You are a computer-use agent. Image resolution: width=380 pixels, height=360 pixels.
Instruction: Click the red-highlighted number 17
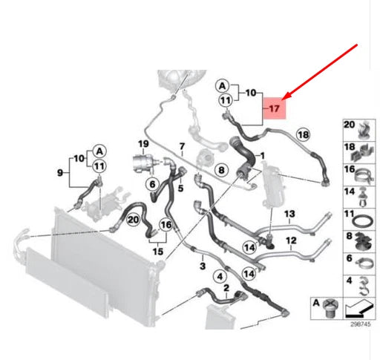tap(274, 108)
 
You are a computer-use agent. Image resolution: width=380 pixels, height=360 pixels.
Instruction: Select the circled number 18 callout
tap(304, 134)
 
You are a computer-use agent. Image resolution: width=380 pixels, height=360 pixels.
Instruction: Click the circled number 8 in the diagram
tap(221, 170)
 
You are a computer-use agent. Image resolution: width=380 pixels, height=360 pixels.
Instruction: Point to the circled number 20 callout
tap(133, 220)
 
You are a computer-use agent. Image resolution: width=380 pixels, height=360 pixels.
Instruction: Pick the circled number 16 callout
tap(166, 225)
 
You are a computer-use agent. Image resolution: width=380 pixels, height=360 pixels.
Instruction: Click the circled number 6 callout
tap(152, 184)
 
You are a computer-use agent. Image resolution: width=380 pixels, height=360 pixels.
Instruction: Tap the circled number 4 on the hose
tap(220, 276)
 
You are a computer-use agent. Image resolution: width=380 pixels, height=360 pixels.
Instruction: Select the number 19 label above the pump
tap(143, 144)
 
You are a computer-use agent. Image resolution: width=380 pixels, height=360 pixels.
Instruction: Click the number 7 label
tap(182, 146)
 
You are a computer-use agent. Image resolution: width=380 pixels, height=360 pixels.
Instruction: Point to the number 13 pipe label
tap(289, 214)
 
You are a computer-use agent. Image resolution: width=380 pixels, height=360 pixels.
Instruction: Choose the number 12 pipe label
tap(291, 240)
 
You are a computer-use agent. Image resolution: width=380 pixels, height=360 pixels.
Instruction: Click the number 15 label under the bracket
tap(158, 252)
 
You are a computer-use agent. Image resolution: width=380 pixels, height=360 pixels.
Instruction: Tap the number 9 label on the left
tap(60, 173)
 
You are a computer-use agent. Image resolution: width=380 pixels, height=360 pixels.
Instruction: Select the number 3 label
tap(203, 266)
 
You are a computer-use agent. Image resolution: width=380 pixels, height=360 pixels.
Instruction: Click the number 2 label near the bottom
tap(226, 288)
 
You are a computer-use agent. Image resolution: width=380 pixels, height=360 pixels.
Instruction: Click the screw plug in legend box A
tap(330, 309)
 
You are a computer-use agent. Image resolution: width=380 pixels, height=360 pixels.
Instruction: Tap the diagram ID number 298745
tap(361, 324)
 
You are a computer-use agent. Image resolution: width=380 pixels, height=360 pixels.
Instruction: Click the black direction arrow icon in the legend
tap(358, 308)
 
